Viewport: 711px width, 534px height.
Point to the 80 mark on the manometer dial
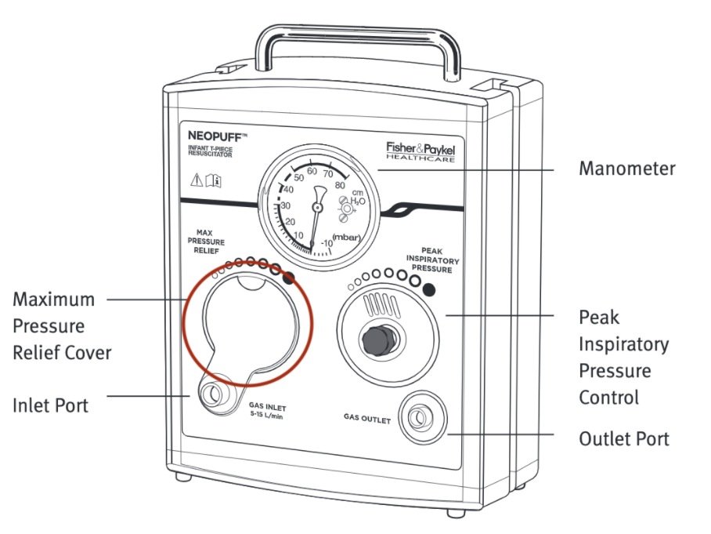(340, 186)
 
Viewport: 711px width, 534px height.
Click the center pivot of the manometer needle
(316, 207)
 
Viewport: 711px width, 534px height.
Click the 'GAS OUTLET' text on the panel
(366, 420)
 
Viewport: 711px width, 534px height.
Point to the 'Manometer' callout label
(626, 168)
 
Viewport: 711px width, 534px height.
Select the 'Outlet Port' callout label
(623, 438)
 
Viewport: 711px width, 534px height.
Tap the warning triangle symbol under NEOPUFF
(196, 180)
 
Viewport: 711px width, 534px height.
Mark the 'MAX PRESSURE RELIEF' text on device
(206, 242)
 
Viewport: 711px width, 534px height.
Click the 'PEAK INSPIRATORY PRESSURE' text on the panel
(431, 260)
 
